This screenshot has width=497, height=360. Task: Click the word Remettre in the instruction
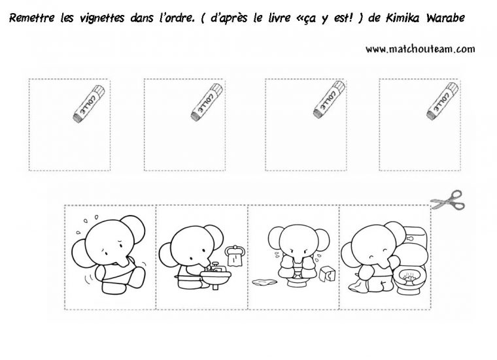[x=32, y=18]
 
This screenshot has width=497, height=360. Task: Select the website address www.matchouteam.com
[x=420, y=49]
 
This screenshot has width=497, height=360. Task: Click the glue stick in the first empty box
[x=89, y=103]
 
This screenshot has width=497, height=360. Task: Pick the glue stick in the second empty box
[x=207, y=102]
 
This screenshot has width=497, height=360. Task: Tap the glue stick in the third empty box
[x=329, y=99]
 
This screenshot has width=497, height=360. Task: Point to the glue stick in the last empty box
[x=442, y=101]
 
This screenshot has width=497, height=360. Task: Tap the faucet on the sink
[x=216, y=267]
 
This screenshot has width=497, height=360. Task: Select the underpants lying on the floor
[x=265, y=282]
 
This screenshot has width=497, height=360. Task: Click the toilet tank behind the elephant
[x=416, y=237]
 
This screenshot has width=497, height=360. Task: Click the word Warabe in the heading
[x=445, y=18]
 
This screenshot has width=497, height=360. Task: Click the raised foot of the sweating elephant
[x=137, y=278]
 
